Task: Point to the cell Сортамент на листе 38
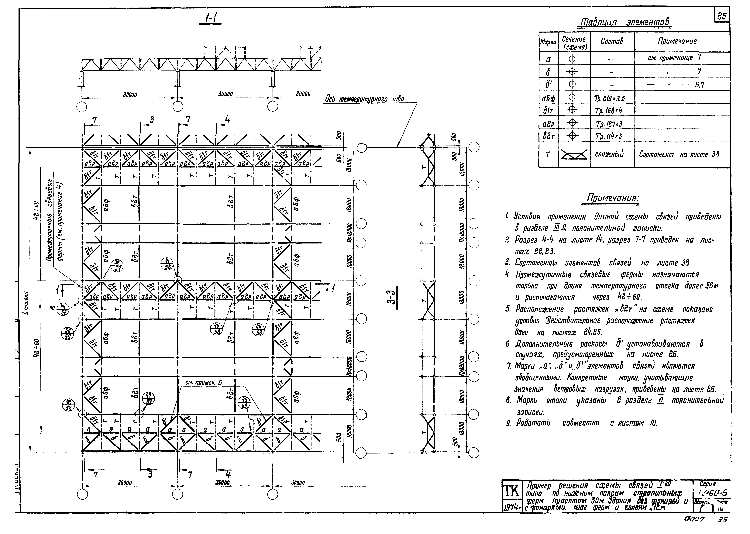(679, 155)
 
